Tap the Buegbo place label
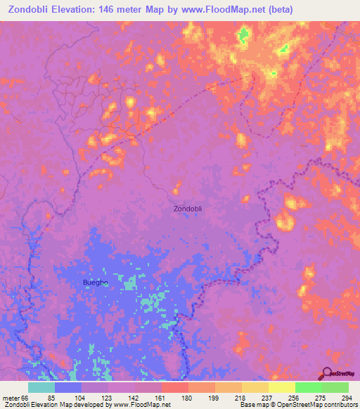95,283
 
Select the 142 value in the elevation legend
135,398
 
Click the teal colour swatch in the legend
41,387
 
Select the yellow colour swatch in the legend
281,387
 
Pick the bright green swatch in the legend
308,387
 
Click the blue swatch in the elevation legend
68,387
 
